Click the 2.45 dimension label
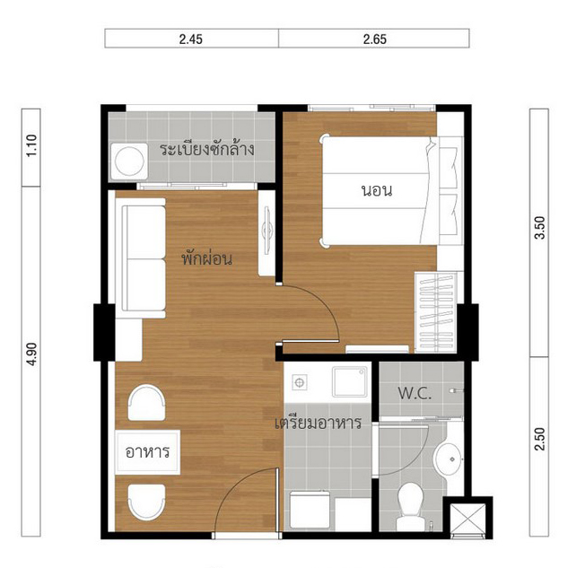191,39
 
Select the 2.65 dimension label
374,39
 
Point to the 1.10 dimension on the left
32,145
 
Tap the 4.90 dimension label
32,354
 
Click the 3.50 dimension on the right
539,228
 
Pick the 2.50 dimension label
539,439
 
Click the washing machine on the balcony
129,162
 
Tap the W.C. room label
415,393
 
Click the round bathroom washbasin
450,459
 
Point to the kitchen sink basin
350,381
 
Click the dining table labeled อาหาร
147,452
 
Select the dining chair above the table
146,403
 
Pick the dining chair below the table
146,502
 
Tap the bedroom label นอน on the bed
377,190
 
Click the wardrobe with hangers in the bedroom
435,312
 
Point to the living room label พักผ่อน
207,258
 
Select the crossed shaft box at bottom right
468,518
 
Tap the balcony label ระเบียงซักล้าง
207,149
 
